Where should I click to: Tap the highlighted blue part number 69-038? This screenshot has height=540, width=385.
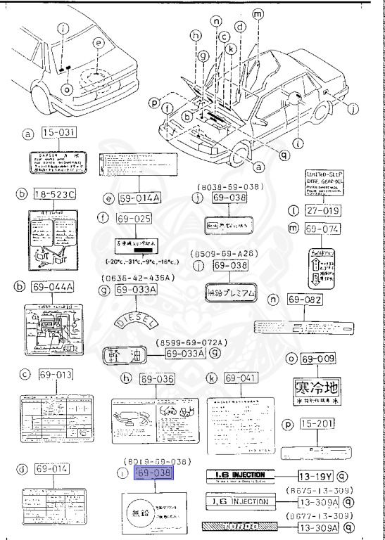point(153,472)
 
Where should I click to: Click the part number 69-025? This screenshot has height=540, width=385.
point(134,219)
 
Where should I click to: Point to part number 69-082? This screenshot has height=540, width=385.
point(305,300)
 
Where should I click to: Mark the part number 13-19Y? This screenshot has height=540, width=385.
point(313,475)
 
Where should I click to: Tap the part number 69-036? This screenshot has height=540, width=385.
point(157,379)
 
